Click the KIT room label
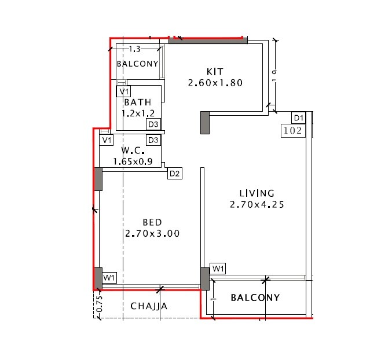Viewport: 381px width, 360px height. [x=214, y=71]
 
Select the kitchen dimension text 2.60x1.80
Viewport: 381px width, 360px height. [x=214, y=83]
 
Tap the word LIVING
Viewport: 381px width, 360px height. [x=257, y=193]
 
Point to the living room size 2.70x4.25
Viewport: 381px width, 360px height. [x=257, y=204]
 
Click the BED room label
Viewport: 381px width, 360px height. [x=152, y=222]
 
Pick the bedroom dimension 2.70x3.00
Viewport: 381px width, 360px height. [x=152, y=234]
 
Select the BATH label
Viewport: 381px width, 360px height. [x=138, y=102]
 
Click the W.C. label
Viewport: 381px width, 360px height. [x=133, y=151]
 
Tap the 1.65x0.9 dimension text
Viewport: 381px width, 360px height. [x=133, y=162]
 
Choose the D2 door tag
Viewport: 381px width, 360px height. [x=175, y=173]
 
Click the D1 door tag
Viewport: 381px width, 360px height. [x=298, y=118]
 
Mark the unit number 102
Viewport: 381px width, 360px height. [x=293, y=131]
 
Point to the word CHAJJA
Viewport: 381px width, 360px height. [x=149, y=306]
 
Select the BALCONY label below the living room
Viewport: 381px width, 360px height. [x=255, y=298]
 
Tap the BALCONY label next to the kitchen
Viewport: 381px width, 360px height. [x=137, y=64]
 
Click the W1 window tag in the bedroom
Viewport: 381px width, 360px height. [x=109, y=278]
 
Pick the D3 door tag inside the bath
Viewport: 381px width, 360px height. [x=153, y=124]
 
